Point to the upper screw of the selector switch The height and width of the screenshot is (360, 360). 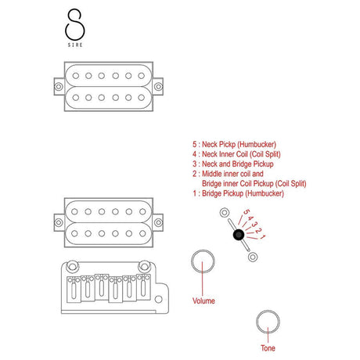(x=224, y=213)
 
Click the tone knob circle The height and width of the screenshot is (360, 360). (x=267, y=320)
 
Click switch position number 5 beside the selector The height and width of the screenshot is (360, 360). (x=246, y=213)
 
